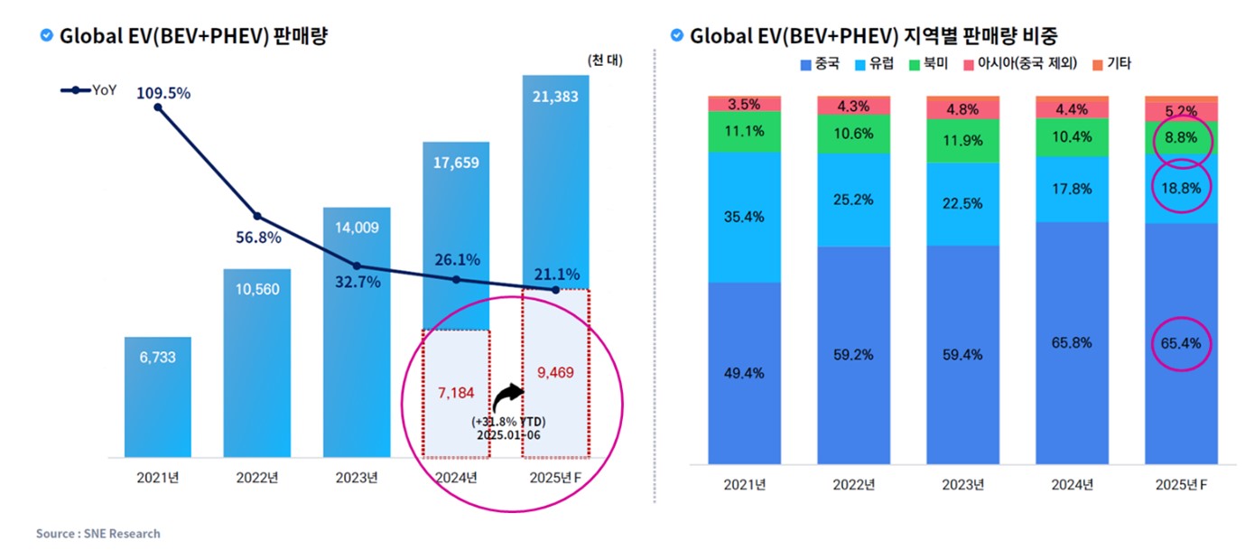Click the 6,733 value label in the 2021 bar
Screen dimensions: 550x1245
[x=158, y=358]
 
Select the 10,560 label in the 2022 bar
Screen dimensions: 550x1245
[x=256, y=289]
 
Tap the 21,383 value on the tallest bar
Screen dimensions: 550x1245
[x=554, y=97]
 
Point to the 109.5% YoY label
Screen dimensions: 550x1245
[x=163, y=93]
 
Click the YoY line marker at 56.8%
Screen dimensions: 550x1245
[x=257, y=216]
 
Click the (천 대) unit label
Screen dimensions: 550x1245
[x=604, y=61]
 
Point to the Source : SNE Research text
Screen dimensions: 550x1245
[x=98, y=534]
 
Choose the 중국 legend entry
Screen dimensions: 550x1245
[x=820, y=64]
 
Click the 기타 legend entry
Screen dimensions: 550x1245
[x=1110, y=64]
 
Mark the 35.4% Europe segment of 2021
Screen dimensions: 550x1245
[x=744, y=217]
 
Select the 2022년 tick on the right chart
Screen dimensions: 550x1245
[x=853, y=485]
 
